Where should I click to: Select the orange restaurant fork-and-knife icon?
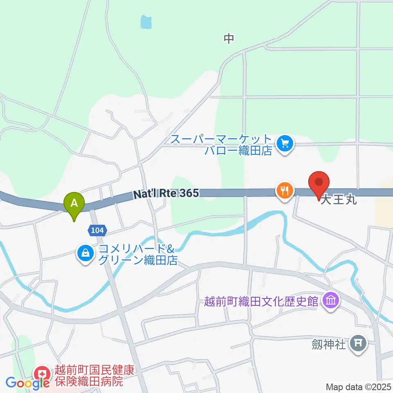click(284, 190)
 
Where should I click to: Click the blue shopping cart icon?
click(285, 144)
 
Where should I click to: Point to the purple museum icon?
click(330, 302)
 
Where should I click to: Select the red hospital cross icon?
click(42, 373)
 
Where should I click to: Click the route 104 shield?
click(97, 230)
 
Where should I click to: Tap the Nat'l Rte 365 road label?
click(166, 194)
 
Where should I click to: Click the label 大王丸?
click(338, 201)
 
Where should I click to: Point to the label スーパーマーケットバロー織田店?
click(221, 145)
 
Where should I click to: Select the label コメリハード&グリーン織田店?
click(137, 254)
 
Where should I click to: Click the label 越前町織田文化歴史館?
click(261, 302)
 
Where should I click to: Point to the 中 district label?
click(228, 38)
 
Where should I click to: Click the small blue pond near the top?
click(146, 22)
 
